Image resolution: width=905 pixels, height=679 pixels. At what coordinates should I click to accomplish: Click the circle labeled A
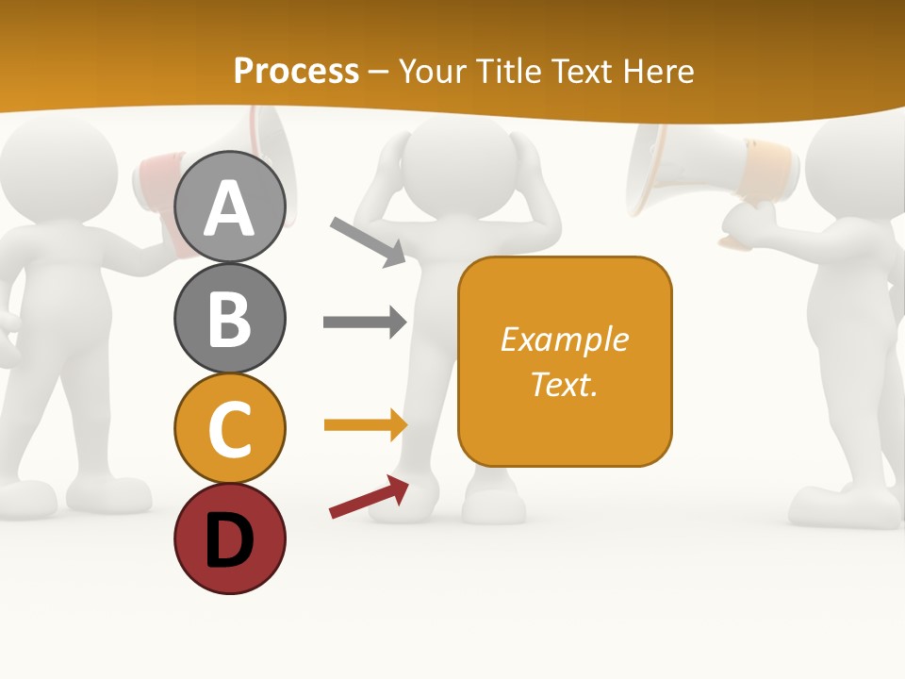point(229,207)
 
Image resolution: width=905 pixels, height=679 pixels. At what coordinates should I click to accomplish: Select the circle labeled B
point(229,318)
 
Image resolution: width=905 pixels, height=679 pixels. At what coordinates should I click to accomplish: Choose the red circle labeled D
point(229,538)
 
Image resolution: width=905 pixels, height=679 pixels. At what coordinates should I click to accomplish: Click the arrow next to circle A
point(369,241)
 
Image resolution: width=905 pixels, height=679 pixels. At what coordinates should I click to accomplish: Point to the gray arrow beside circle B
point(365,323)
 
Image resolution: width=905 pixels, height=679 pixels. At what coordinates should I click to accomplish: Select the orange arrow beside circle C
point(365,425)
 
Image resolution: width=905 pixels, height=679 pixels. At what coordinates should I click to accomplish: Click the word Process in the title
point(296,71)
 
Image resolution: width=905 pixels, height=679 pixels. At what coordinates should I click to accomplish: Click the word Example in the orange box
point(565,339)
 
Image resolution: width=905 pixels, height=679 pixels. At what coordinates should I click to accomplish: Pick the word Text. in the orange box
point(565,384)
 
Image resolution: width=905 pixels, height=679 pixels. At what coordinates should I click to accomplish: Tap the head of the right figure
point(854,160)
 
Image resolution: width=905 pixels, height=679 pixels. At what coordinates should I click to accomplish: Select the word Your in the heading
point(433,71)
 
